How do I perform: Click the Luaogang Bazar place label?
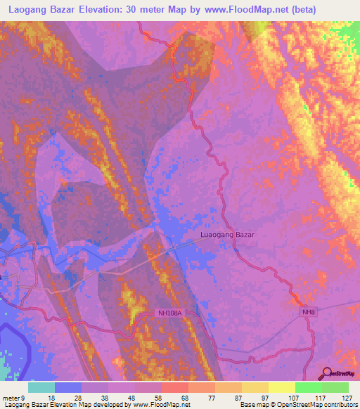click(x=227, y=235)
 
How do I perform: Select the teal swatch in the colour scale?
click(x=41, y=387)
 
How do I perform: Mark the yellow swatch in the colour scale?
click(x=281, y=387)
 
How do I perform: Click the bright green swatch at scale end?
click(x=335, y=387)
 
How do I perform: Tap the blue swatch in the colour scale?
click(x=68, y=387)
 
